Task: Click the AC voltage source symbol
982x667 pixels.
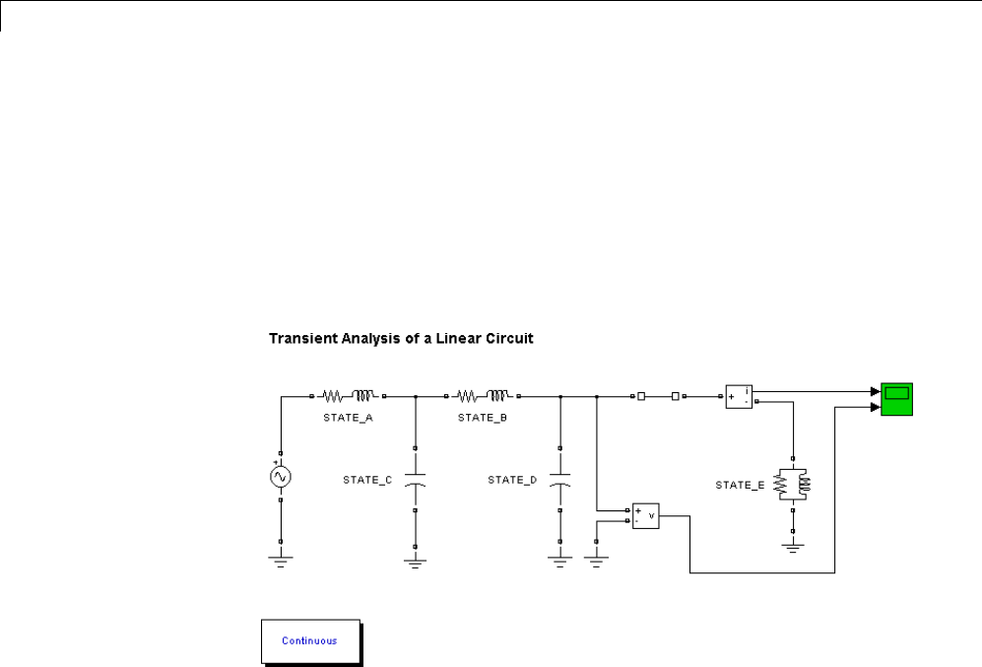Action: [281, 478]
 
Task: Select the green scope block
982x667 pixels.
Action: [896, 395]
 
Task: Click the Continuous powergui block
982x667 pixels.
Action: [309, 640]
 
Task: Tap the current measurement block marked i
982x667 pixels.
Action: [740, 396]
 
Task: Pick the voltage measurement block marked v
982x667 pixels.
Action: [645, 514]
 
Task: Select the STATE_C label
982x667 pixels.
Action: [367, 480]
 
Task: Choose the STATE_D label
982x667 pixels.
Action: [512, 480]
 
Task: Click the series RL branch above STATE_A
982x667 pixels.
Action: [348, 396]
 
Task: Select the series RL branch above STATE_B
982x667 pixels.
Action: [483, 396]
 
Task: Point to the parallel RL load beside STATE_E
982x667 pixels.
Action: [794, 484]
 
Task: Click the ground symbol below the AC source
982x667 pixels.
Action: [281, 561]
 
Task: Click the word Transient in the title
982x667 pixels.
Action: [296, 339]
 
